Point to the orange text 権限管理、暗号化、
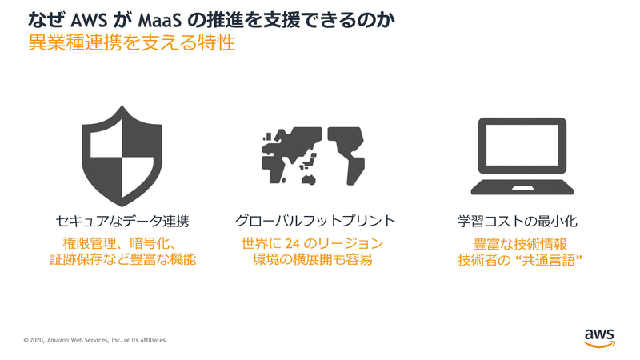pyautogui.click(x=124, y=242)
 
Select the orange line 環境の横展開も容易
pyautogui.click(x=312, y=260)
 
